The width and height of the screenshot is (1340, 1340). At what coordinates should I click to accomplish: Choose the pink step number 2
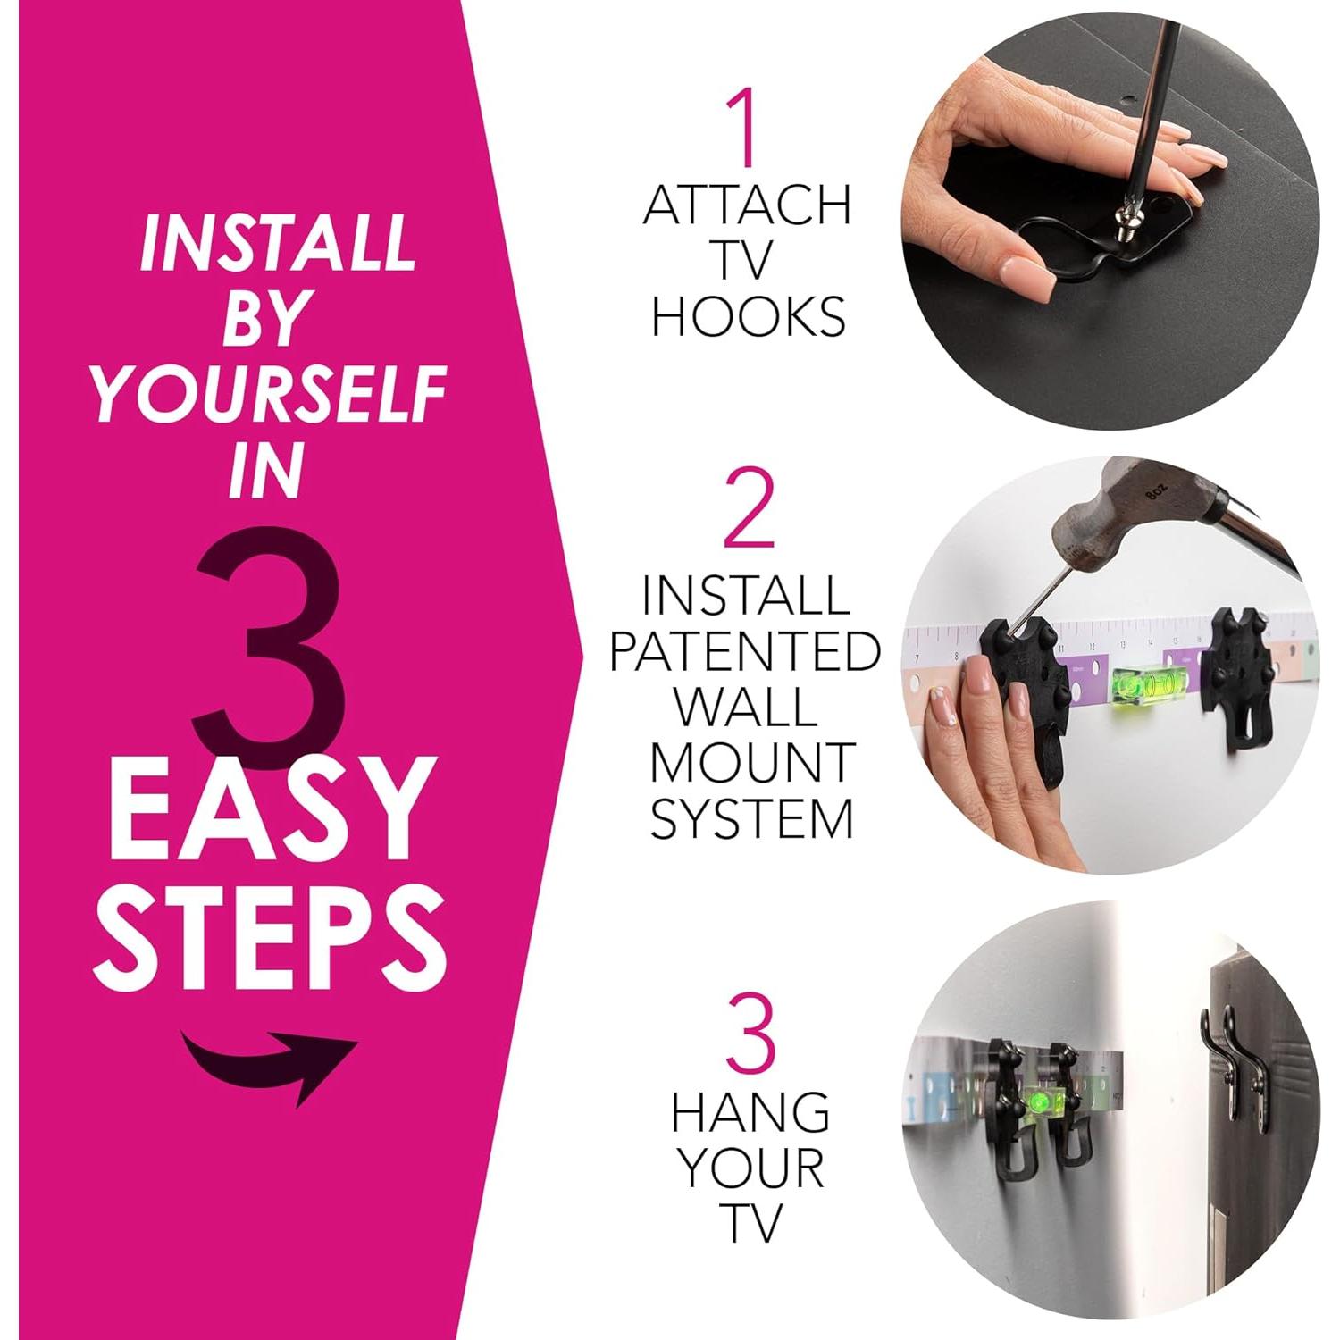click(749, 511)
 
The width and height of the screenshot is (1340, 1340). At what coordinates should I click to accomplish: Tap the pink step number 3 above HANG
click(751, 1035)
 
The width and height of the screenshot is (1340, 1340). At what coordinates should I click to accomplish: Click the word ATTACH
click(747, 206)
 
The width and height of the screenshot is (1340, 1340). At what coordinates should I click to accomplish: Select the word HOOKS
click(749, 317)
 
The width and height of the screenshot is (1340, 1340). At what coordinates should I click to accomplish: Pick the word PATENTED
click(746, 651)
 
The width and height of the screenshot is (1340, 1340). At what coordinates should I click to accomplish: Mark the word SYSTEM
click(751, 818)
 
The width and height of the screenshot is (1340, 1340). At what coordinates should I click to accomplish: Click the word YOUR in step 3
click(750, 1168)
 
